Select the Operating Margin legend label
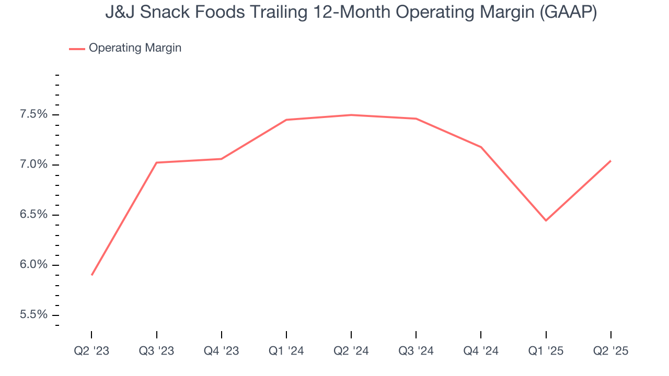pyautogui.click(x=135, y=48)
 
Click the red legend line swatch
pyautogui.click(x=77, y=49)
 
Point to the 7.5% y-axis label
pyautogui.click(x=33, y=115)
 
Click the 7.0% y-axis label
pyautogui.click(x=33, y=165)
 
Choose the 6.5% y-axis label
pyautogui.click(x=33, y=215)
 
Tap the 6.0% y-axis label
pyautogui.click(x=33, y=265)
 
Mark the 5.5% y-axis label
pyautogui.click(x=33, y=315)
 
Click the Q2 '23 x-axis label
pyautogui.click(x=91, y=351)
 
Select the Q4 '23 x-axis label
pyautogui.click(x=222, y=351)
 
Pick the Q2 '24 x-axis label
pyautogui.click(x=351, y=351)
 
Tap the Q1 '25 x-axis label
pyautogui.click(x=546, y=351)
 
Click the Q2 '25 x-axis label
pyautogui.click(x=611, y=351)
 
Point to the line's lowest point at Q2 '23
pyautogui.click(x=92, y=275)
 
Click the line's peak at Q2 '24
pyautogui.click(x=351, y=115)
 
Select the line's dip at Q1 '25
pyautogui.click(x=546, y=220)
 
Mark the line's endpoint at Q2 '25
pyautogui.click(x=610, y=161)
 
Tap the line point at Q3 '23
pyautogui.click(x=157, y=162)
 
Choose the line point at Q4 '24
pyautogui.click(x=481, y=147)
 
